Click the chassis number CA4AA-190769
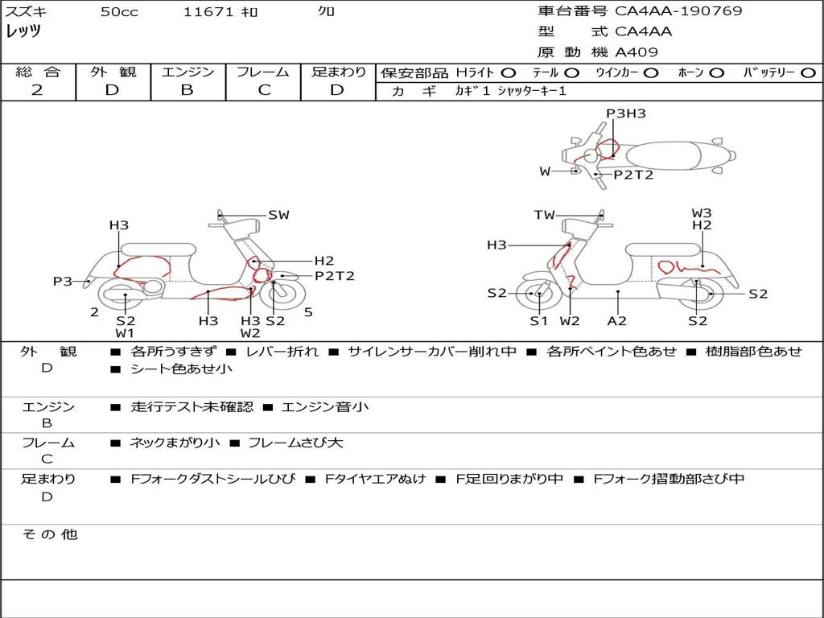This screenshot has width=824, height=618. pos(678,11)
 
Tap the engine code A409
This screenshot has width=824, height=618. pos(637,52)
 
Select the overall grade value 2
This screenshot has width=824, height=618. pos(37,90)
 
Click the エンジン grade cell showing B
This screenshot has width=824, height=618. pos(187,90)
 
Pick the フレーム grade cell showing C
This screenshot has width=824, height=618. pos(264,90)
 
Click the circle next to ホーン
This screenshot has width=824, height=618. pos(716,73)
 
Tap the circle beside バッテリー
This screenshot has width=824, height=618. pos(809,73)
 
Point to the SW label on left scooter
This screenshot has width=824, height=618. pos(278,215)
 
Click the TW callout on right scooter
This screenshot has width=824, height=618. pos(545,215)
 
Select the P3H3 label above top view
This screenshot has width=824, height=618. pos(626,113)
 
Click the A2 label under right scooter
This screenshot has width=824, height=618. pos(617,320)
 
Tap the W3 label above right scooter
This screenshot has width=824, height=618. pos(702,213)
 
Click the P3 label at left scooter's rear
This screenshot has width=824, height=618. pos(63,282)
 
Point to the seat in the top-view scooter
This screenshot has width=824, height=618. pos(663,156)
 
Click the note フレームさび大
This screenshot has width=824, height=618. pos(295,443)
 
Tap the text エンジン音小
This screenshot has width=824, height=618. pos(325,406)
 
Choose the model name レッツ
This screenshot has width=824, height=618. pos(23,31)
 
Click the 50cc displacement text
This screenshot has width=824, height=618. pos(119,11)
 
